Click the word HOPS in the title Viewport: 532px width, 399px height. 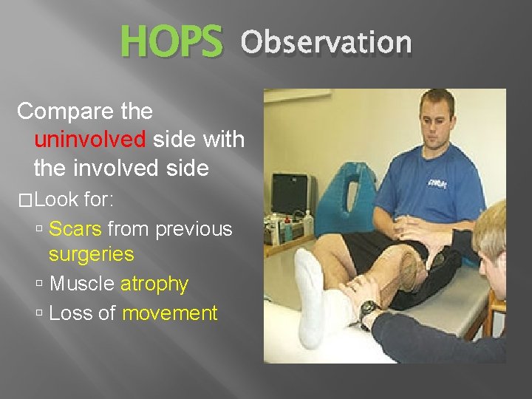tap(171, 41)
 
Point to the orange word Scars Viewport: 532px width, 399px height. tap(75, 230)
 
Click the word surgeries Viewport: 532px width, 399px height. tap(91, 255)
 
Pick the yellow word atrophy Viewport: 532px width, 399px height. tap(154, 284)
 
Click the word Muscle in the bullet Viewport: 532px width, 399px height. tap(81, 284)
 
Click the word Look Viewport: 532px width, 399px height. tap(56, 199)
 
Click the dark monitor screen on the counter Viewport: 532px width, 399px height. tap(290, 194)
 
